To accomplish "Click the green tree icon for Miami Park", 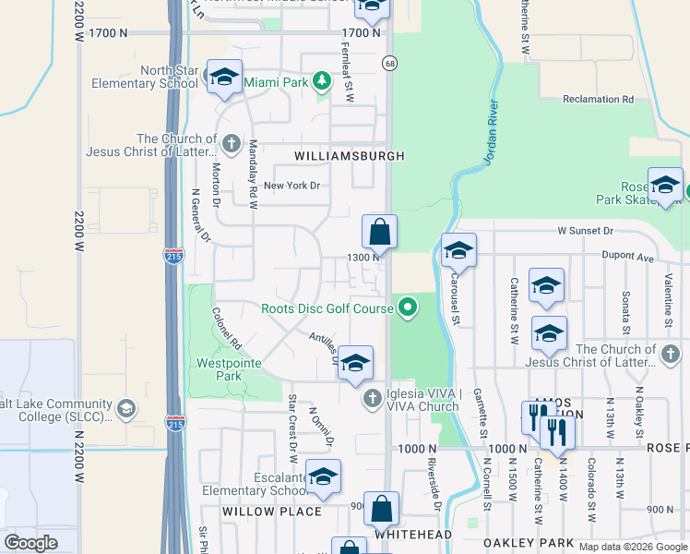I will pyautogui.click(x=322, y=82).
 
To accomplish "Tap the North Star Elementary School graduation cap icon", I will pyautogui.click(x=224, y=78).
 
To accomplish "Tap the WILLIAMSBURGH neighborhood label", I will pyautogui.click(x=349, y=157).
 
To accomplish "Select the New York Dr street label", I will pyautogui.click(x=291, y=186).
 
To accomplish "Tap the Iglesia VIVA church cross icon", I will pyautogui.click(x=372, y=399).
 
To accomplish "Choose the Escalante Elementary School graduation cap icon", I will pyautogui.click(x=323, y=476).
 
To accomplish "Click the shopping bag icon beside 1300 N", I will pyautogui.click(x=379, y=231).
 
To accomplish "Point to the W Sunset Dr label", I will pyautogui.click(x=597, y=231).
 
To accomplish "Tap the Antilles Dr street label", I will pyautogui.click(x=324, y=347).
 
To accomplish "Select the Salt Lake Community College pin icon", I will pyautogui.click(x=125, y=407).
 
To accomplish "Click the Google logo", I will pyautogui.click(x=30, y=543).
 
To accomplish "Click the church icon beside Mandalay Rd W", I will pyautogui.click(x=231, y=143).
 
